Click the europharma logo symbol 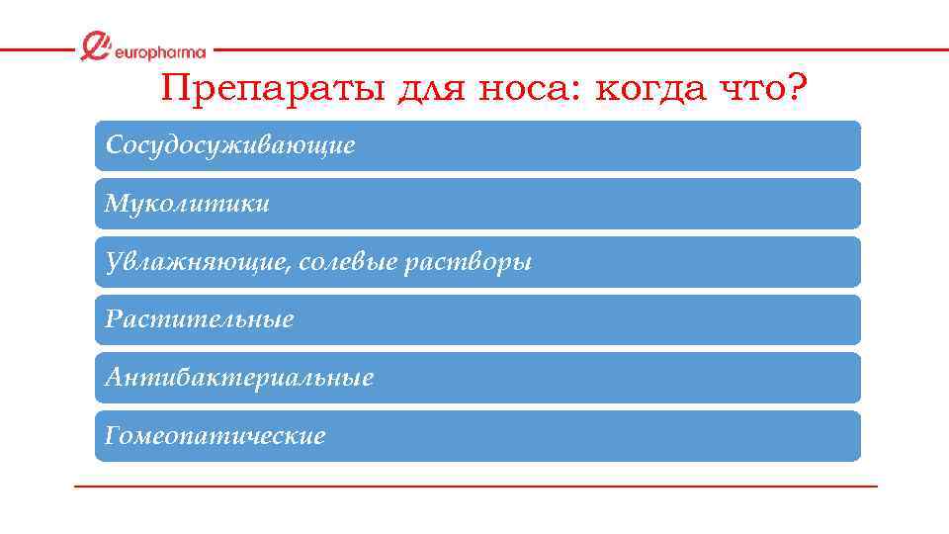[96, 46]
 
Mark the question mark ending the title [797, 90]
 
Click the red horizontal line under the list [474, 487]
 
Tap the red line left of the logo [36, 49]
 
